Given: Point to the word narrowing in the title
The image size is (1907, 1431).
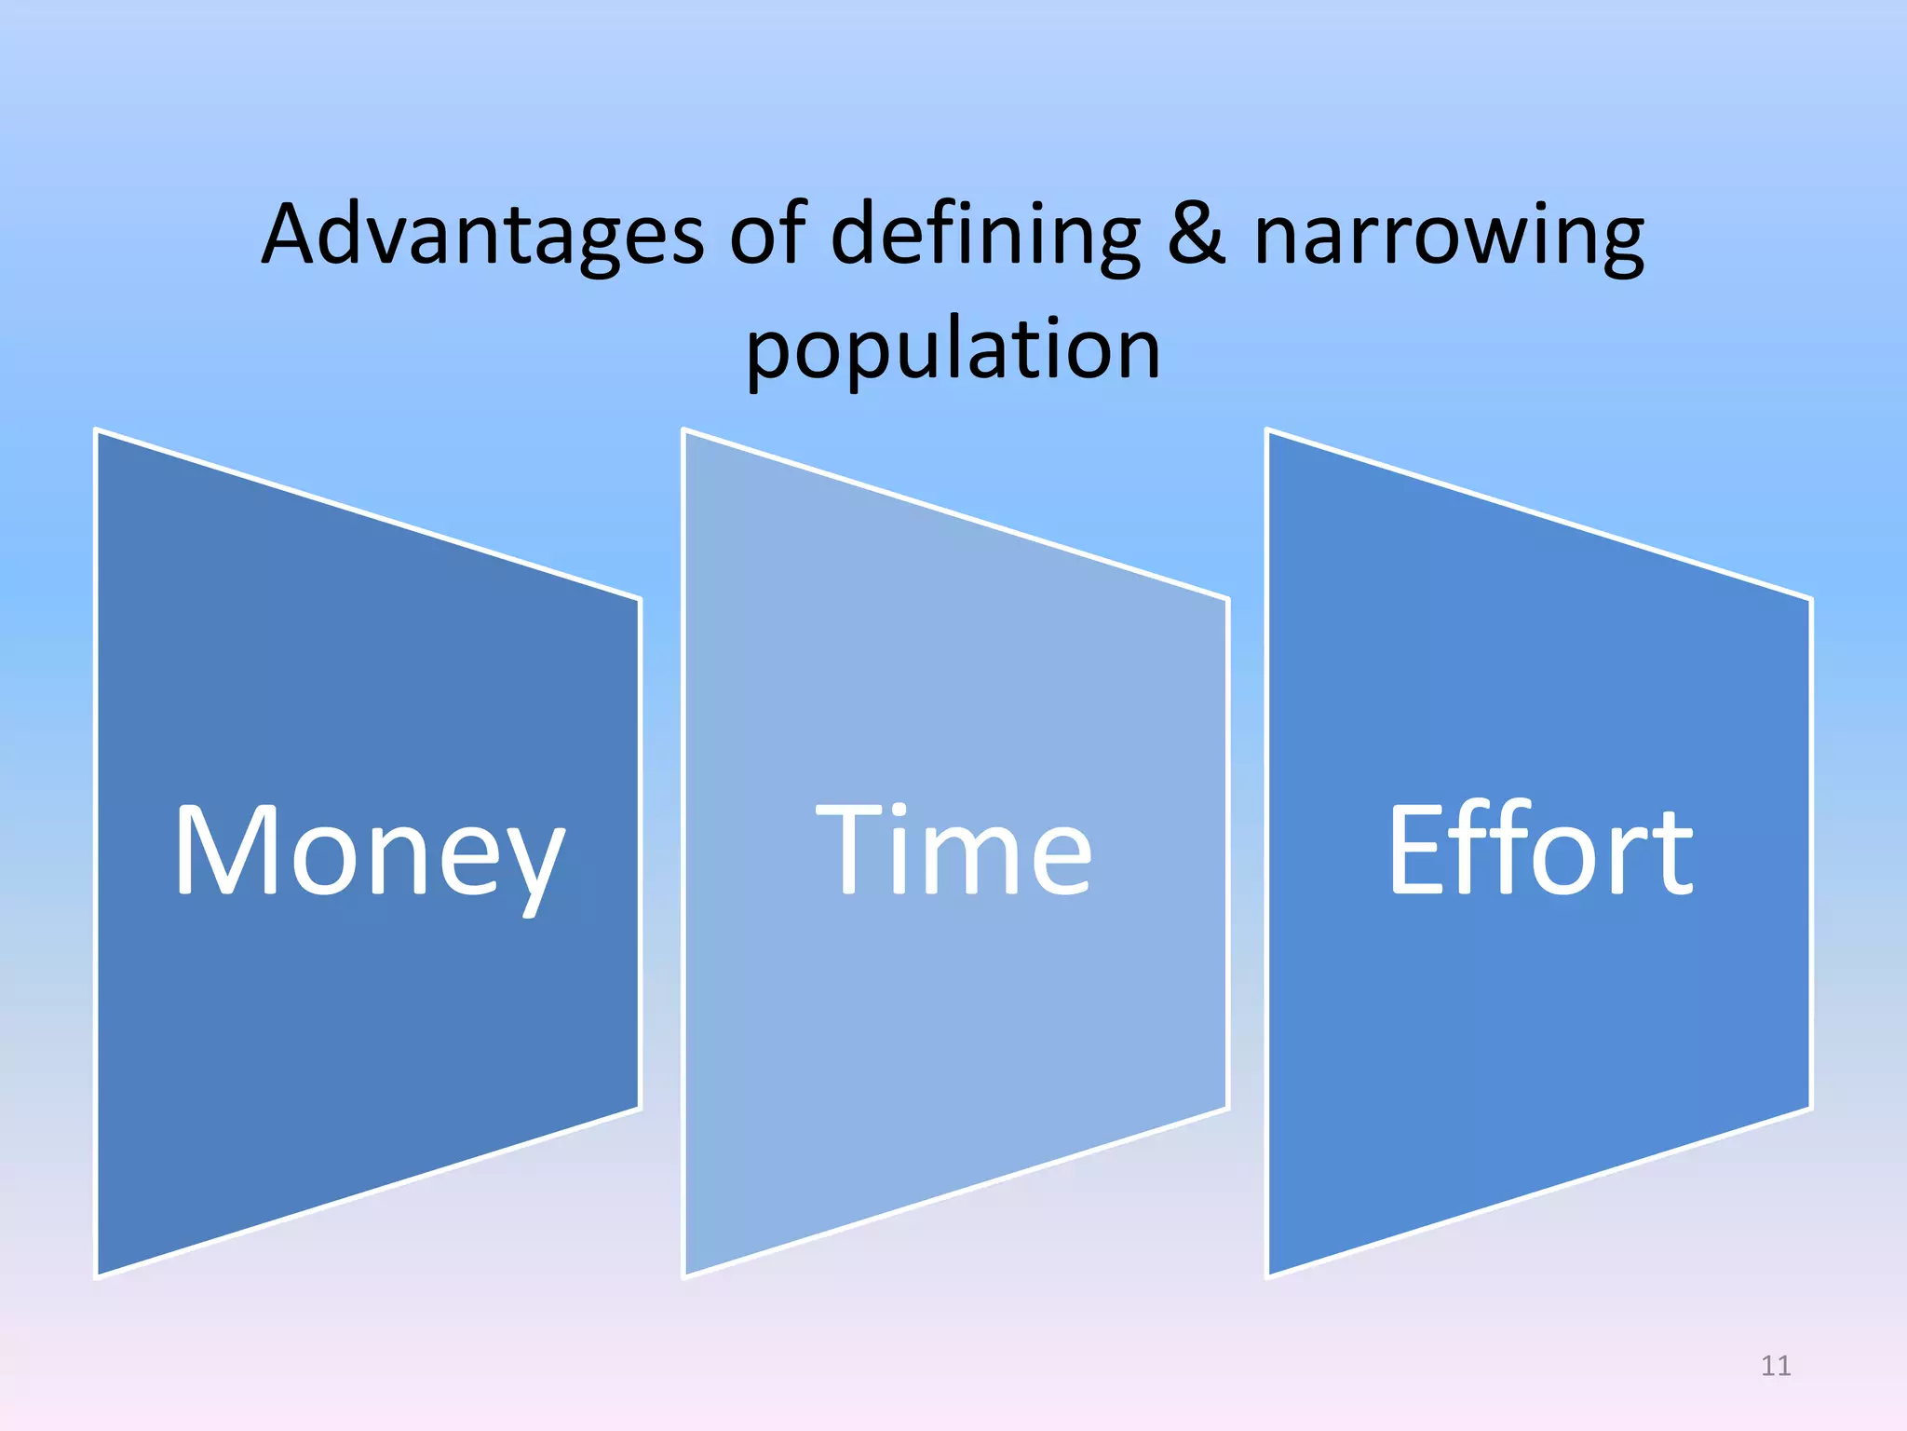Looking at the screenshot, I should click(x=1449, y=237).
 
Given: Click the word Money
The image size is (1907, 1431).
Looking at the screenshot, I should click(x=370, y=852).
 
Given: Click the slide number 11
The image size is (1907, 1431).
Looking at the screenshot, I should click(x=1776, y=1366).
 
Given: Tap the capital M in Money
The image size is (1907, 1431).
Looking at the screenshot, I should click(x=227, y=850).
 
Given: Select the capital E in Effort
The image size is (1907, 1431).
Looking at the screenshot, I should click(x=1415, y=850).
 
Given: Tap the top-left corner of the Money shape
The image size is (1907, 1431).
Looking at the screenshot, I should click(x=98, y=431).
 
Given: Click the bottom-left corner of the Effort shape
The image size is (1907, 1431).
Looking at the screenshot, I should click(x=1269, y=1274).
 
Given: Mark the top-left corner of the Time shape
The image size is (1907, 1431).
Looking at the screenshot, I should click(x=685, y=431).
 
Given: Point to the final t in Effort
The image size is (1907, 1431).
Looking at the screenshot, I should click(x=1672, y=855).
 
